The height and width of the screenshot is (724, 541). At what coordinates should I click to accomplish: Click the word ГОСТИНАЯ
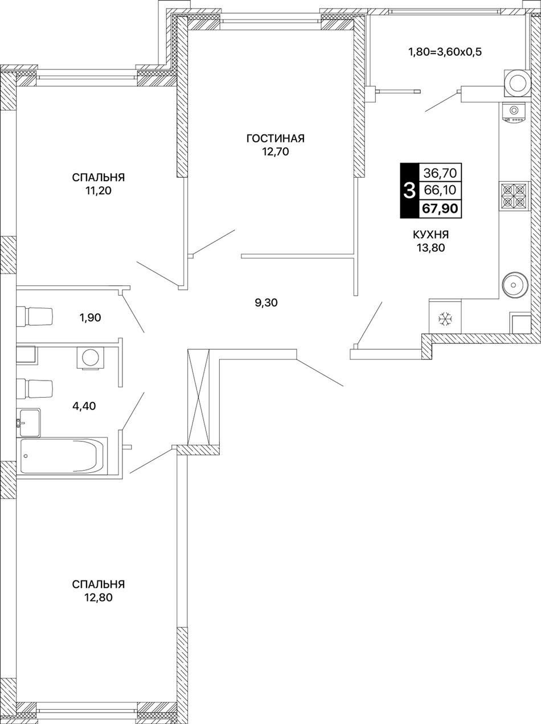click(x=275, y=138)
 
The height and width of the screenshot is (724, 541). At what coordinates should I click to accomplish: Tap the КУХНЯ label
click(x=431, y=235)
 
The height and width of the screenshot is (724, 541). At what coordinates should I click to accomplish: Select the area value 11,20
click(x=99, y=191)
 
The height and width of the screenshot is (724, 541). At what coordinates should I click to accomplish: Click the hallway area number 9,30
click(x=267, y=302)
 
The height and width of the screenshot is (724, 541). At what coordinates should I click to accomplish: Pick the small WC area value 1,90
click(x=89, y=318)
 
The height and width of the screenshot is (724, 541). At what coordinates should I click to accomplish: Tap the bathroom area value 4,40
click(x=84, y=406)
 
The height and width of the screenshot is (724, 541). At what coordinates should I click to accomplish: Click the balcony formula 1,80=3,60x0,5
click(x=445, y=52)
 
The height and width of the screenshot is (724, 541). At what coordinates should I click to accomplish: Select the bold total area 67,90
click(x=440, y=208)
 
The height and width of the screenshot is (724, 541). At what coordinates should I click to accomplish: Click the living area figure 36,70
click(x=440, y=173)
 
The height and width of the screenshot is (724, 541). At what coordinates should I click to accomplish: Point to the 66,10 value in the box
click(x=440, y=190)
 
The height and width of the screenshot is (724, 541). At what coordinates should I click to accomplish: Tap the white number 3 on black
click(x=409, y=191)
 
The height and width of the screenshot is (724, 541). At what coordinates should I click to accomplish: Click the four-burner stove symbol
click(x=514, y=197)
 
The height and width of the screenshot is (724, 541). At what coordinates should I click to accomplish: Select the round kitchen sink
click(x=515, y=284)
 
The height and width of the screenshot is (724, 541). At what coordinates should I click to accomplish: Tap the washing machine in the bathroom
click(x=90, y=357)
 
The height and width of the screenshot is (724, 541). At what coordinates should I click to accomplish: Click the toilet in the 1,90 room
click(x=34, y=316)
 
